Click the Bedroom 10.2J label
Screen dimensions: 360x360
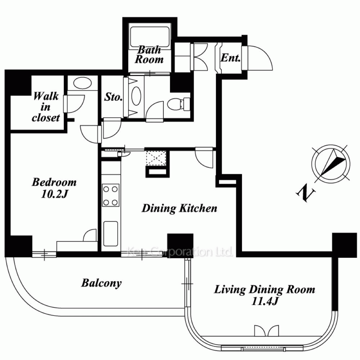click(54, 188)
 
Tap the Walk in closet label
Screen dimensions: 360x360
click(46, 107)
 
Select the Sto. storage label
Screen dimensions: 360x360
click(113, 97)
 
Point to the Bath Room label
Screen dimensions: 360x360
click(149, 54)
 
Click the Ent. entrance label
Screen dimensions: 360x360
click(230, 58)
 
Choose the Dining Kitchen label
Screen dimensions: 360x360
click(179, 208)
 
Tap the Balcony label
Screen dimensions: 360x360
click(101, 283)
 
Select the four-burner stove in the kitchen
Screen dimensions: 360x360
click(111, 195)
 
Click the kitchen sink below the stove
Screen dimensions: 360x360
click(111, 234)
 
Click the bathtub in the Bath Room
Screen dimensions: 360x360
click(149, 37)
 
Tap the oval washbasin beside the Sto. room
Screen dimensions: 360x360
click(136, 96)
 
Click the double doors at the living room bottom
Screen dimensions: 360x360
click(266, 330)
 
